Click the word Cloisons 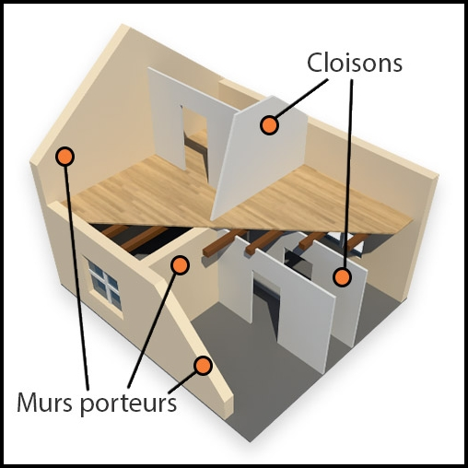(355, 63)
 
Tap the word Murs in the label (45, 403)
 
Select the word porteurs (129, 404)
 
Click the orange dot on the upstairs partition (269, 125)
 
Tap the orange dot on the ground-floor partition (342, 277)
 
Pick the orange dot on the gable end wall (64, 157)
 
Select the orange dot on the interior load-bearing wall (180, 264)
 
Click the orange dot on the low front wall (203, 366)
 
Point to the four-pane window (104, 285)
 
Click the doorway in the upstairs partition (195, 141)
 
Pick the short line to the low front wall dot (182, 381)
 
